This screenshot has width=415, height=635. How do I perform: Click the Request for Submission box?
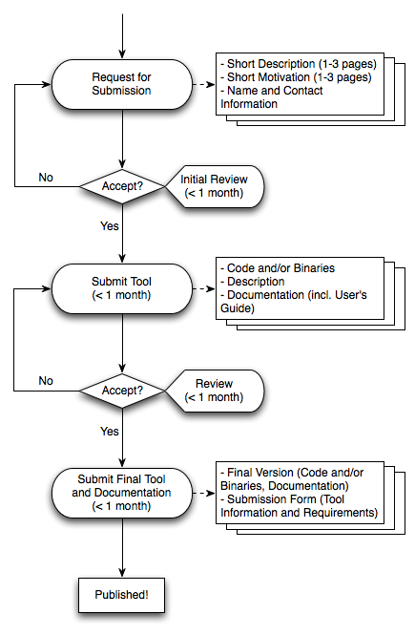[x=122, y=84]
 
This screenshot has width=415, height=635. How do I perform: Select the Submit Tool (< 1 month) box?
[x=122, y=288]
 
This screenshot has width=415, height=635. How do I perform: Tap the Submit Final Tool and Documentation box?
[x=122, y=493]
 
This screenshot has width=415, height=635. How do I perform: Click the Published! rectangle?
[x=122, y=595]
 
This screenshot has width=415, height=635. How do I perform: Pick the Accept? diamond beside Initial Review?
[x=122, y=186]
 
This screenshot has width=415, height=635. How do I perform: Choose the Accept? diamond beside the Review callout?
[x=122, y=391]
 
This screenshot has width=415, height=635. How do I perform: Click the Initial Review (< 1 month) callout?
[x=215, y=186]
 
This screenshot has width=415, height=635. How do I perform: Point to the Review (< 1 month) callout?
[x=215, y=391]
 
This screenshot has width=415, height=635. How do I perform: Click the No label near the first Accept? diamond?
[x=46, y=178]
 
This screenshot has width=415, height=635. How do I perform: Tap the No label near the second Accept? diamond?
[x=46, y=381]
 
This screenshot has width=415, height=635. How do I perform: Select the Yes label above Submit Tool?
[x=110, y=226]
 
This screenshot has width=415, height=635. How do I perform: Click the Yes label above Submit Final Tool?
[x=110, y=432]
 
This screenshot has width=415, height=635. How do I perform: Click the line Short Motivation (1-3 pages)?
[x=296, y=77]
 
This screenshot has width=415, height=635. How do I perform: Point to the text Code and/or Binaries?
[x=278, y=268]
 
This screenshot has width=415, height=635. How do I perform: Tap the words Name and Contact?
[x=272, y=91]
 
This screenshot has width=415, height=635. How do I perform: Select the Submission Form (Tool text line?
[x=282, y=499]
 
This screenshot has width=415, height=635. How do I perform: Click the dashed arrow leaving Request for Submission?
[x=204, y=84]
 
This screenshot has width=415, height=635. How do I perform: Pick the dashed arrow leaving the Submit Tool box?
[x=204, y=288]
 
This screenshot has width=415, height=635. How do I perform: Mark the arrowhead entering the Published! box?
[x=122, y=573]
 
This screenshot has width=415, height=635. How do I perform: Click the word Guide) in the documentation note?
[x=238, y=308]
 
